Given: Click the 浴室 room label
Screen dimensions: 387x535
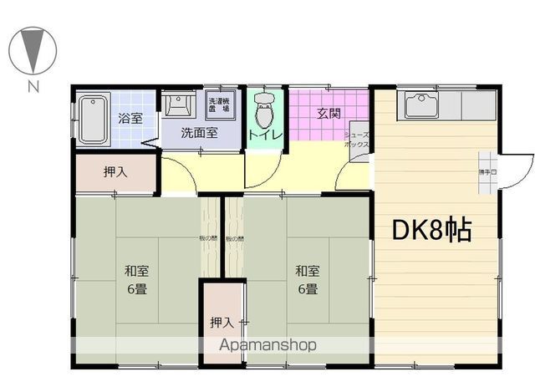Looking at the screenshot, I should [x=130, y=119].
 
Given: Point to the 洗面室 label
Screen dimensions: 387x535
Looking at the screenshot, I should [x=201, y=132].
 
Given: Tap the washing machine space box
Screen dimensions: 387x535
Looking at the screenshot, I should [x=222, y=106].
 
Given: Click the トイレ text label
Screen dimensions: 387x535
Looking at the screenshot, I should [x=266, y=135].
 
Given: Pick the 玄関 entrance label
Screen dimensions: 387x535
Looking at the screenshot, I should [x=328, y=114].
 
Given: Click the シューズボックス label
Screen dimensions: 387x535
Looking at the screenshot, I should [x=357, y=139].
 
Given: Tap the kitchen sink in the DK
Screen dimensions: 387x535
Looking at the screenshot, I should [x=417, y=106].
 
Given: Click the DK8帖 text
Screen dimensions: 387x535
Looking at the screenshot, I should [x=431, y=229].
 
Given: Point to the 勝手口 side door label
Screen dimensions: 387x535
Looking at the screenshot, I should [x=487, y=171].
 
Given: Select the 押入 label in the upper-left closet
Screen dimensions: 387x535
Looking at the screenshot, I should [x=115, y=173].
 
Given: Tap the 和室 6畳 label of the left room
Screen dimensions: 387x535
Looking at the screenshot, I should [x=138, y=279].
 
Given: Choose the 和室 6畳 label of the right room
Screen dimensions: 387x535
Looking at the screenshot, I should [x=307, y=279].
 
